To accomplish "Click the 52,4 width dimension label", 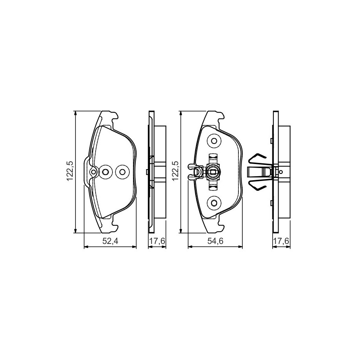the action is [x=110, y=241].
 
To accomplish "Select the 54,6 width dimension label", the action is [x=215, y=241].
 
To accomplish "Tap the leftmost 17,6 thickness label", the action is [x=157, y=241].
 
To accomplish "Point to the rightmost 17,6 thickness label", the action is [x=281, y=241].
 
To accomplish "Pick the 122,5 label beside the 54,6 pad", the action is [x=175, y=171].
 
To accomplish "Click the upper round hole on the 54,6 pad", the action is [x=214, y=141].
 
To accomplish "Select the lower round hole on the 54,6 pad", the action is [x=214, y=203].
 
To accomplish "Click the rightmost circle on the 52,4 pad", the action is [x=122, y=172].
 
